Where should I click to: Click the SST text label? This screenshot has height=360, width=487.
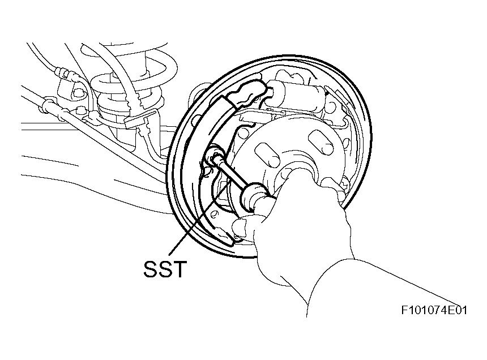point(165,269)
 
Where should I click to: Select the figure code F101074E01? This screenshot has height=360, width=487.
point(434,310)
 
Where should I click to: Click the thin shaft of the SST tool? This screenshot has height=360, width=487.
point(231,173)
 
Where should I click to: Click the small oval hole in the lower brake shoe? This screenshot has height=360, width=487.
point(214,214)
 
